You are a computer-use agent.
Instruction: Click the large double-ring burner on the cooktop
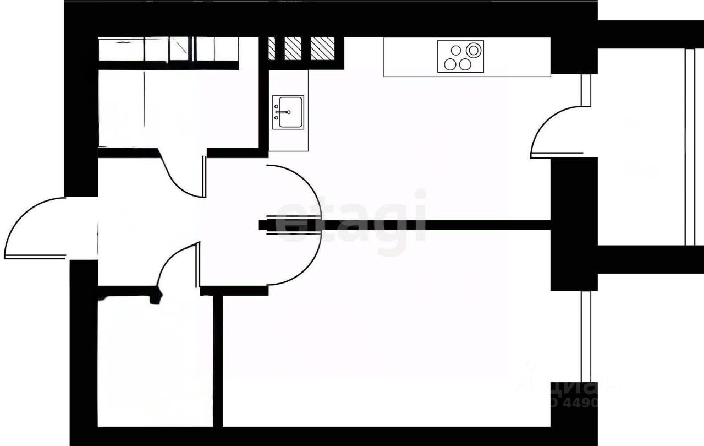[x=472, y=50]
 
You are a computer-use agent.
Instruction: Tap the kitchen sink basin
[x=288, y=112]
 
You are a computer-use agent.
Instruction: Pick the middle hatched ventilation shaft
[x=293, y=48]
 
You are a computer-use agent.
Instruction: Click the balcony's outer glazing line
[x=690, y=146]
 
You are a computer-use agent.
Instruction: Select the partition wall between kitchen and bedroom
[x=440, y=225]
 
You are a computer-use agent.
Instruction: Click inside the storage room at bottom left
[x=154, y=363]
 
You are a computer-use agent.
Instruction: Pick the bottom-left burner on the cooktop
[x=450, y=64]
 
